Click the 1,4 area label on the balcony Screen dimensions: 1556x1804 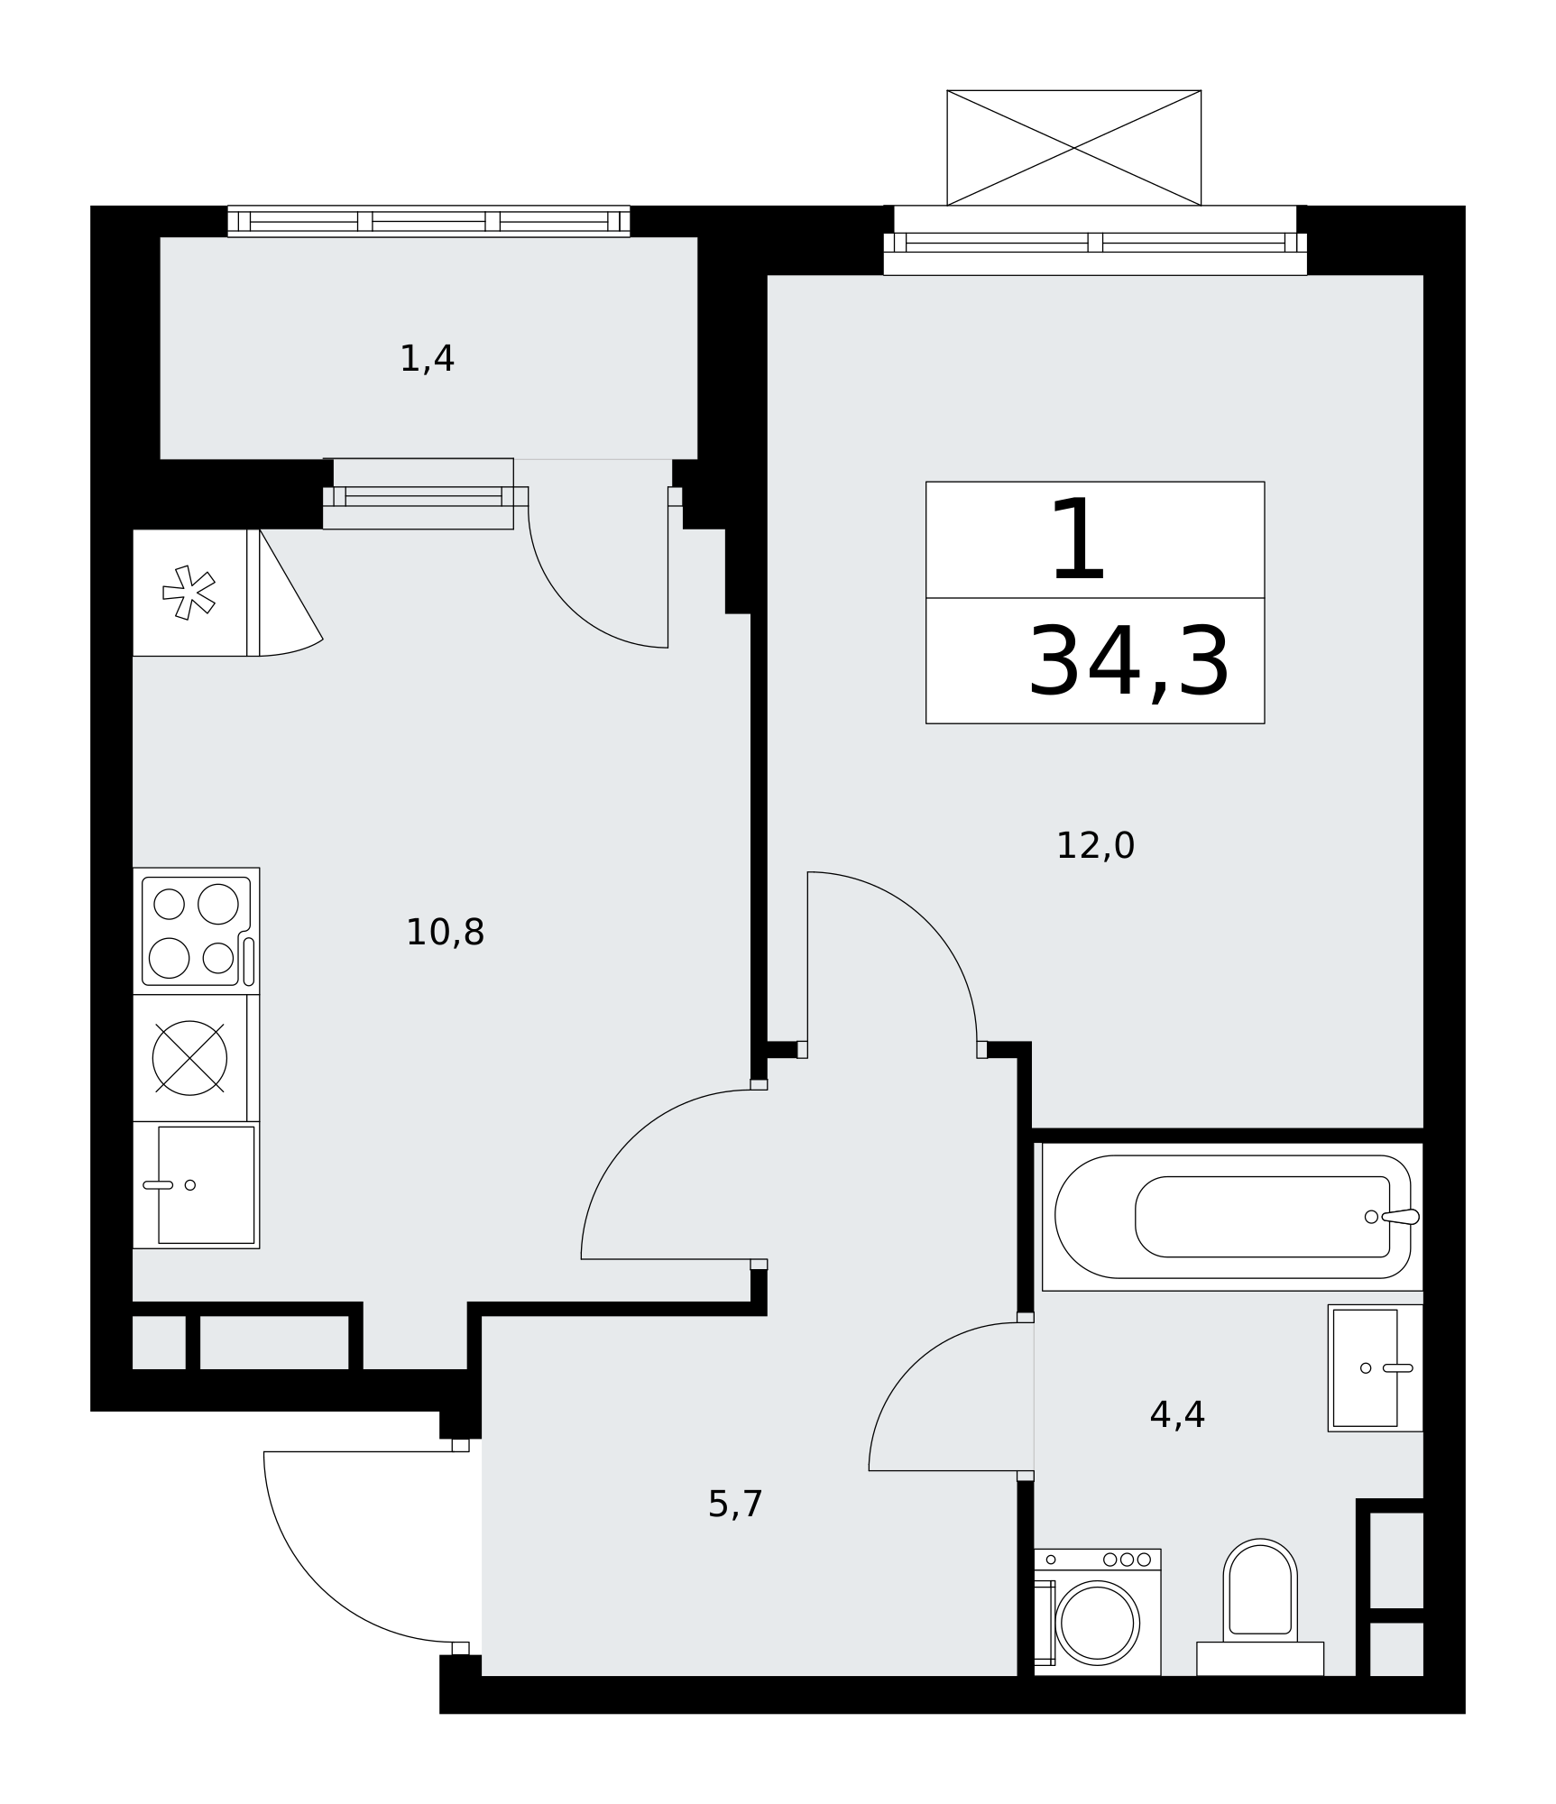click(427, 359)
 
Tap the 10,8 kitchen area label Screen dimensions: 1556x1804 click(445, 932)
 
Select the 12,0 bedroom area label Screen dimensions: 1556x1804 click(1095, 845)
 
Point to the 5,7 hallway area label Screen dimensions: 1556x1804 click(735, 1504)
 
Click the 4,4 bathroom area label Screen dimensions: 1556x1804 click(1177, 1414)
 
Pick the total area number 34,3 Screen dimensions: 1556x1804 click(1129, 661)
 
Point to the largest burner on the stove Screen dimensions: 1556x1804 click(218, 904)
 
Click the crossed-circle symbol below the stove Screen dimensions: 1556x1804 click(189, 1058)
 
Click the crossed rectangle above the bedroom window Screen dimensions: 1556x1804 click(1073, 148)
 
